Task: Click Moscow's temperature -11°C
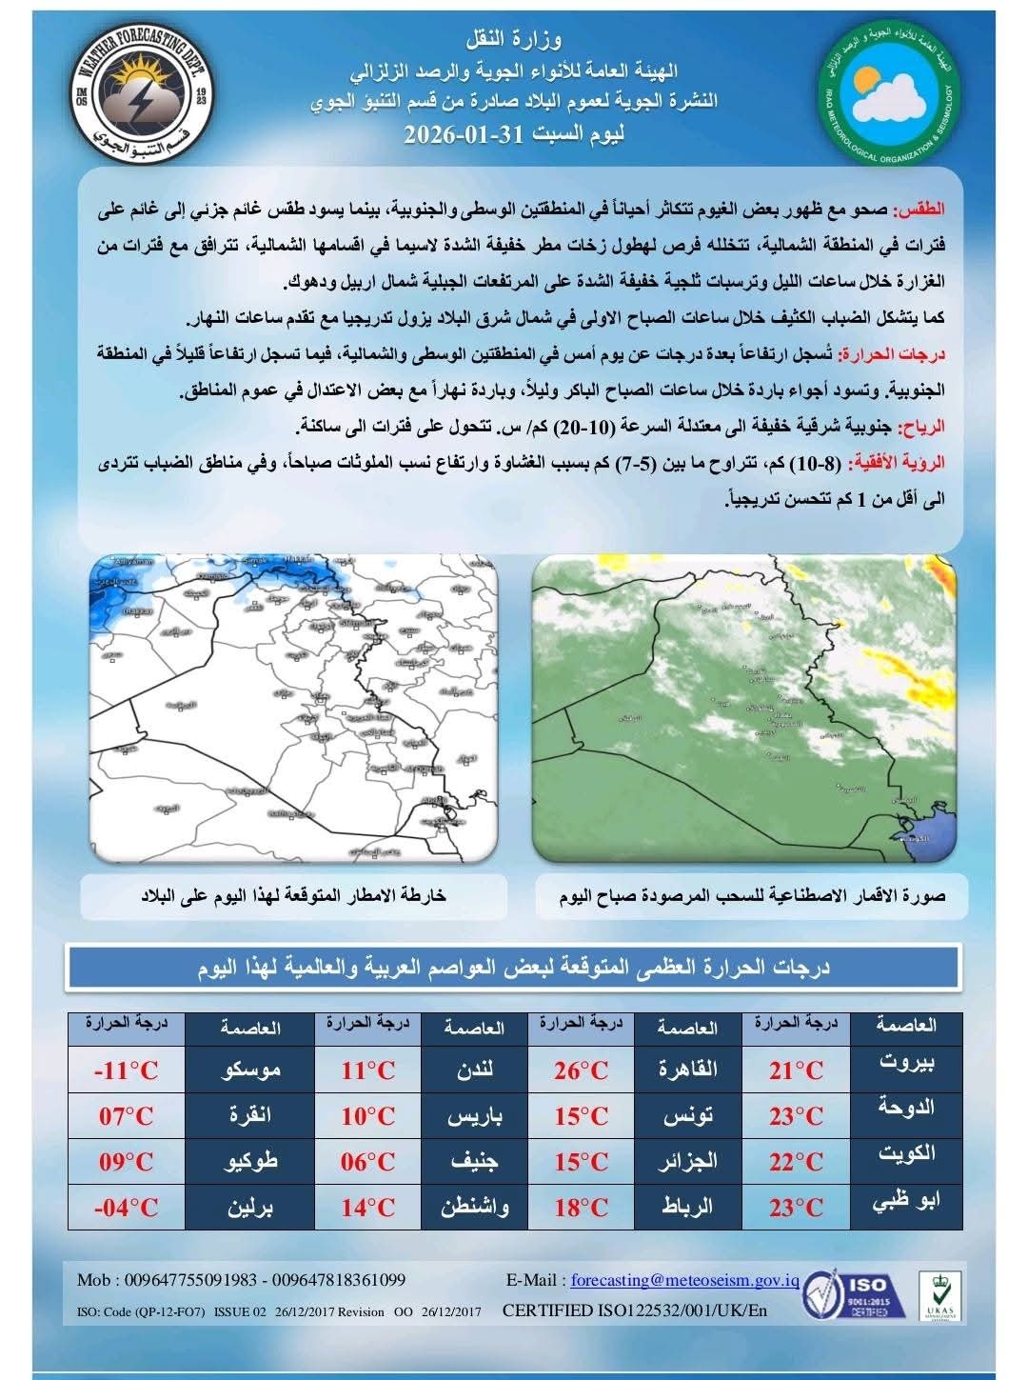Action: tap(126, 1070)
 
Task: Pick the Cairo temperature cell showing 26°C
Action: tap(581, 1070)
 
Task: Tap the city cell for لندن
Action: tap(472, 1070)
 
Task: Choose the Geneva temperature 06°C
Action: tap(368, 1162)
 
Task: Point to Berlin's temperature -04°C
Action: tap(126, 1208)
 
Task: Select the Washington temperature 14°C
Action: tap(368, 1208)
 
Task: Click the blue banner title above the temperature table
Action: tap(514, 969)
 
